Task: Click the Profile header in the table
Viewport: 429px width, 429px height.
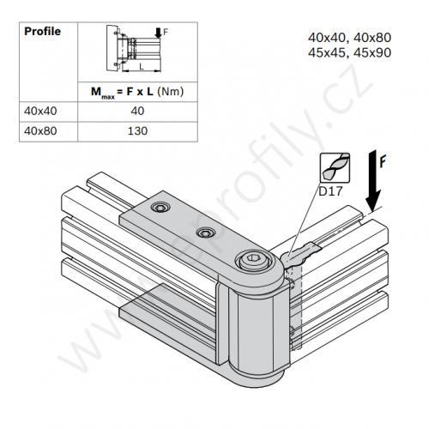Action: (x=43, y=31)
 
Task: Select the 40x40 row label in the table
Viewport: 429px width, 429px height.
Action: (x=40, y=111)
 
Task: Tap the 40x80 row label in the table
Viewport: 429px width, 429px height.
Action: (x=40, y=131)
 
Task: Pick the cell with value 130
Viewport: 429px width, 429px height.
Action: (x=137, y=131)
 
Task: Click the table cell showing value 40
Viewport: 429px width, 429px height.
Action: (x=137, y=111)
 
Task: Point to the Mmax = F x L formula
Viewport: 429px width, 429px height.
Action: (x=137, y=92)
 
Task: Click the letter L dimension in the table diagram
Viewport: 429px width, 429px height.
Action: (x=142, y=66)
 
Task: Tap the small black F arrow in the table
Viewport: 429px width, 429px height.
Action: (x=158, y=33)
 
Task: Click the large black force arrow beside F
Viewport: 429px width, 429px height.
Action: (x=373, y=181)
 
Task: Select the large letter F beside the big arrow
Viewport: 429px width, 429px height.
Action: (x=383, y=160)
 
